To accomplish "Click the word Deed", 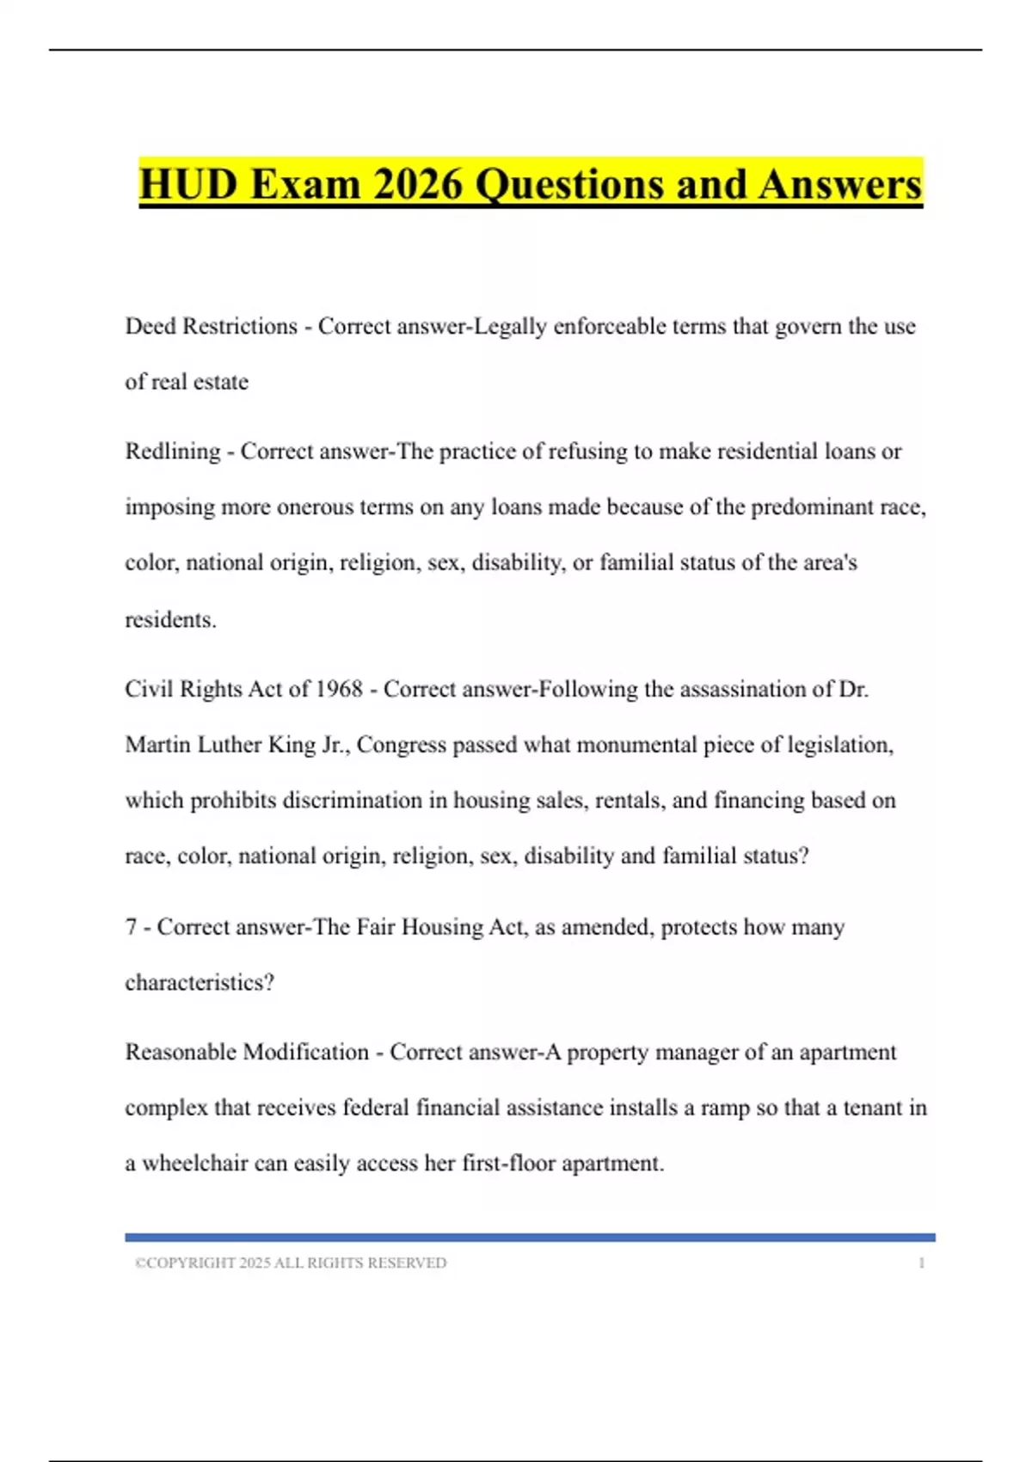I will pyautogui.click(x=150, y=326).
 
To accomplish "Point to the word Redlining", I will pyautogui.click(x=173, y=451).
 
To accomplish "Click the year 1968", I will pyautogui.click(x=339, y=689).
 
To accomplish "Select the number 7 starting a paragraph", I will pyautogui.click(x=131, y=927).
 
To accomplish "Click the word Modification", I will pyautogui.click(x=306, y=1052).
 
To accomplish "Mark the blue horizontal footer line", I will pyautogui.click(x=530, y=1238).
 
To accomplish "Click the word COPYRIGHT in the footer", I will pyautogui.click(x=190, y=1263).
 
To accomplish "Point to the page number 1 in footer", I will pyautogui.click(x=922, y=1263).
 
